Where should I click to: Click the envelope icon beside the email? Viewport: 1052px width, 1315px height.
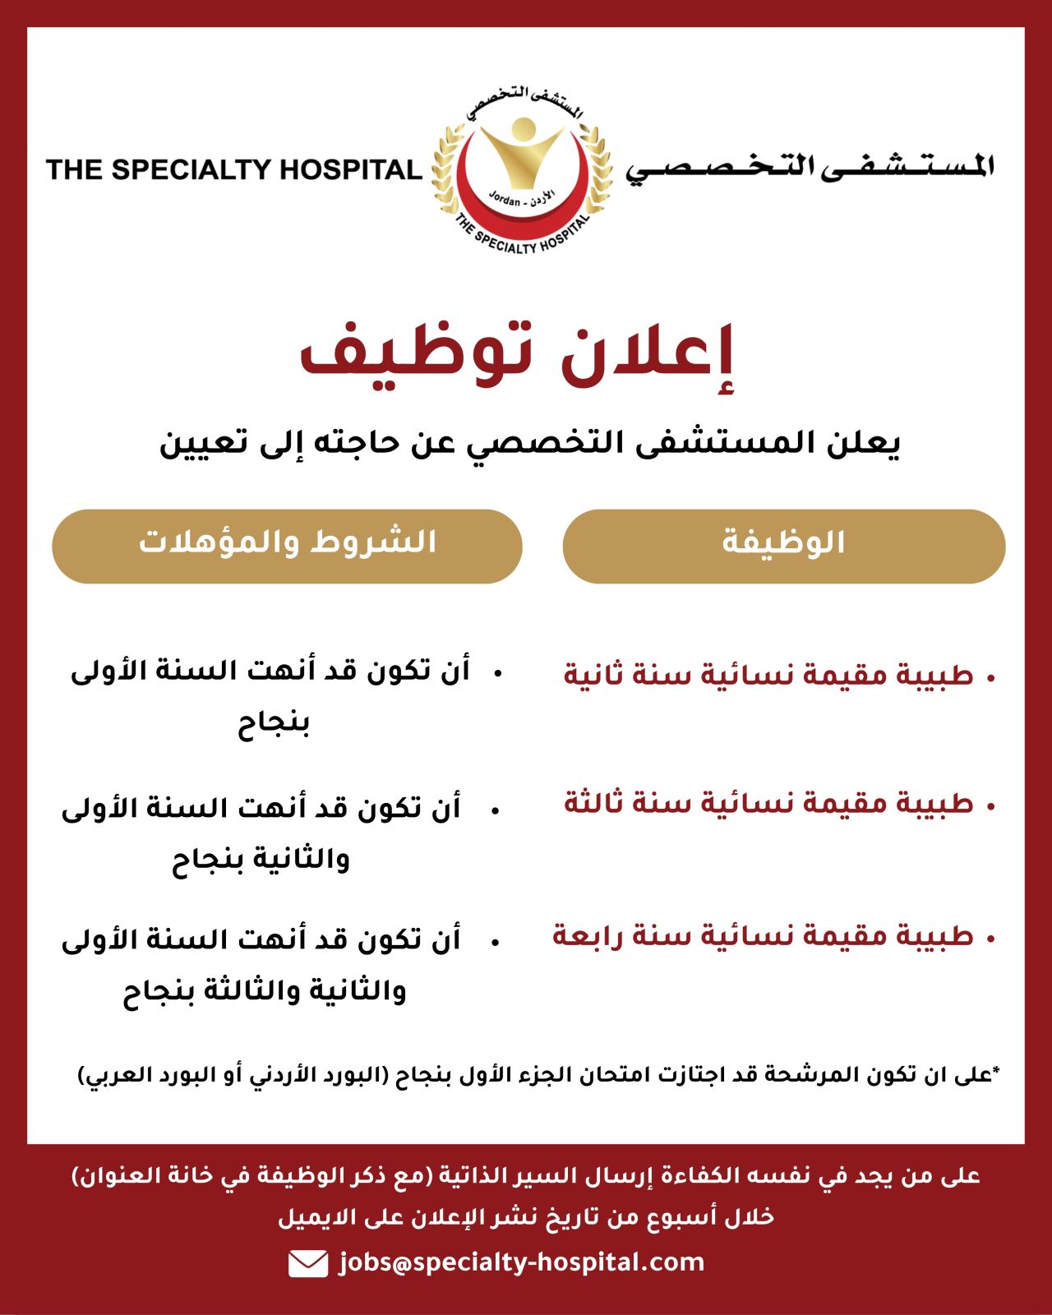pyautogui.click(x=308, y=1263)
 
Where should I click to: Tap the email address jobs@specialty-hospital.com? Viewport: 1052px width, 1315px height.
pyautogui.click(x=521, y=1262)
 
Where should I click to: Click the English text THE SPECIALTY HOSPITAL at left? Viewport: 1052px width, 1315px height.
pyautogui.click(x=233, y=169)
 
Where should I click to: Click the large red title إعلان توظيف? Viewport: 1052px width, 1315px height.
pyautogui.click(x=516, y=353)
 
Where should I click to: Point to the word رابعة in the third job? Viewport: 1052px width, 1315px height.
pyautogui.click(x=588, y=936)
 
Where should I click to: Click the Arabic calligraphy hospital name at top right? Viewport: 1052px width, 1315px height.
pyautogui.click(x=810, y=167)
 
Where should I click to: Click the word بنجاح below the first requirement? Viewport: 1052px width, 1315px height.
pyautogui.click(x=274, y=724)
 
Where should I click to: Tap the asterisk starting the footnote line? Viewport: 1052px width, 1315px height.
pyautogui.click(x=996, y=1070)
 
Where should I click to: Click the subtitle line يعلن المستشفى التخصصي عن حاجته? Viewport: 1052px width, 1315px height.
pyautogui.click(x=530, y=443)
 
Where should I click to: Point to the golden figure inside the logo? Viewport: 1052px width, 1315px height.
pyautogui.click(x=523, y=152)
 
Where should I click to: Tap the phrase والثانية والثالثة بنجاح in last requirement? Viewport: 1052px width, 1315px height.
pyautogui.click(x=265, y=991)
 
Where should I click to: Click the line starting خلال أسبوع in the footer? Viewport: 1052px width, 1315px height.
pyautogui.click(x=526, y=1216)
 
